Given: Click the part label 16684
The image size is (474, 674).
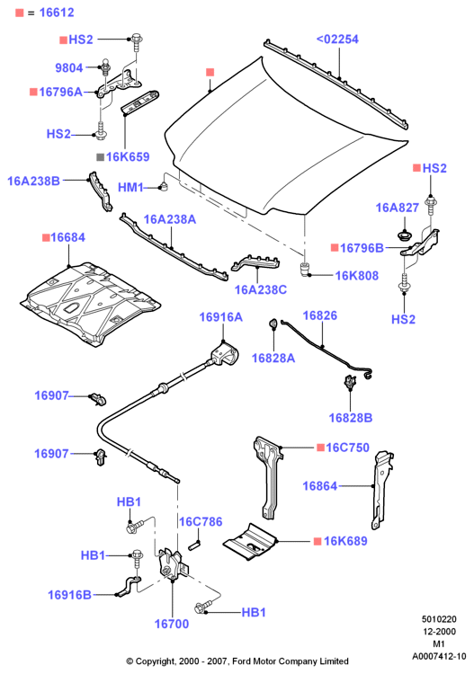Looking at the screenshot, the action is pyautogui.click(x=67, y=237).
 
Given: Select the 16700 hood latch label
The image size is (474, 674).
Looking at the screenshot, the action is pyautogui.click(x=172, y=624).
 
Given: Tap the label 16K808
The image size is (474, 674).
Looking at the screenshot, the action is pyautogui.click(x=356, y=276).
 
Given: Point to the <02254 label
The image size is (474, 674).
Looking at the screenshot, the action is pyautogui.click(x=337, y=40).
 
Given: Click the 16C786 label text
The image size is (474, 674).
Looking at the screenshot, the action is pyautogui.click(x=201, y=521).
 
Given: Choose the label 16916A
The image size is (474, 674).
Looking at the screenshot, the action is pyautogui.click(x=220, y=317).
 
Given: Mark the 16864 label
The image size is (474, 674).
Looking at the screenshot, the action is pyautogui.click(x=319, y=485).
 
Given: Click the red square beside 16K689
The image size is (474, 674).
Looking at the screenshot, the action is pyautogui.click(x=317, y=541).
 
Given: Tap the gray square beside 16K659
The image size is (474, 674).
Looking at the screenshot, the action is pyautogui.click(x=100, y=157).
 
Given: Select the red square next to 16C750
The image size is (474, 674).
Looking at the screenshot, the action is pyautogui.click(x=320, y=448).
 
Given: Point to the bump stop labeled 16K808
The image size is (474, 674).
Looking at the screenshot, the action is pyautogui.click(x=305, y=269).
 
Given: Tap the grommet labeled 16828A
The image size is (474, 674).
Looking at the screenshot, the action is pyautogui.click(x=273, y=323).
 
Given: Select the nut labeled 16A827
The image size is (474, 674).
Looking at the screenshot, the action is pyautogui.click(x=404, y=235).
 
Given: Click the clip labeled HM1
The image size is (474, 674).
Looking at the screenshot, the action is pyautogui.click(x=164, y=187).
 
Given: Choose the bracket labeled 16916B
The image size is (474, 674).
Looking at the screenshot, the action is pyautogui.click(x=129, y=586).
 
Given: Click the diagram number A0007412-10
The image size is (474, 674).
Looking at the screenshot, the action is pyautogui.click(x=439, y=656).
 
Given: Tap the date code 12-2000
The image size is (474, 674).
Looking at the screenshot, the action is pyautogui.click(x=439, y=632).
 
